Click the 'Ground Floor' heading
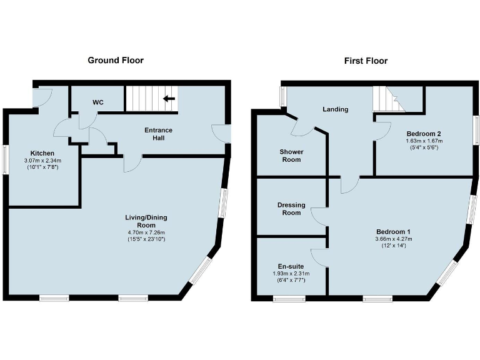pyautogui.click(x=115, y=61)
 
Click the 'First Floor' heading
pyautogui.click(x=366, y=61)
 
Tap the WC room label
pyautogui.click(x=98, y=102)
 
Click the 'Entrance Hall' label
pyautogui.click(x=158, y=134)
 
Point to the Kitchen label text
pyautogui.click(x=42, y=153)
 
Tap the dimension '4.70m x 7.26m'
pyautogui.click(x=146, y=232)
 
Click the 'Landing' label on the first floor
pyautogui.click(x=335, y=109)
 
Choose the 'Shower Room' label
pyautogui.click(x=290, y=156)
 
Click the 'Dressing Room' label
pyautogui.click(x=289, y=209)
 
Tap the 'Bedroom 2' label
pyautogui.click(x=424, y=134)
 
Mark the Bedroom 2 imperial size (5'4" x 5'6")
pyautogui.click(x=424, y=149)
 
